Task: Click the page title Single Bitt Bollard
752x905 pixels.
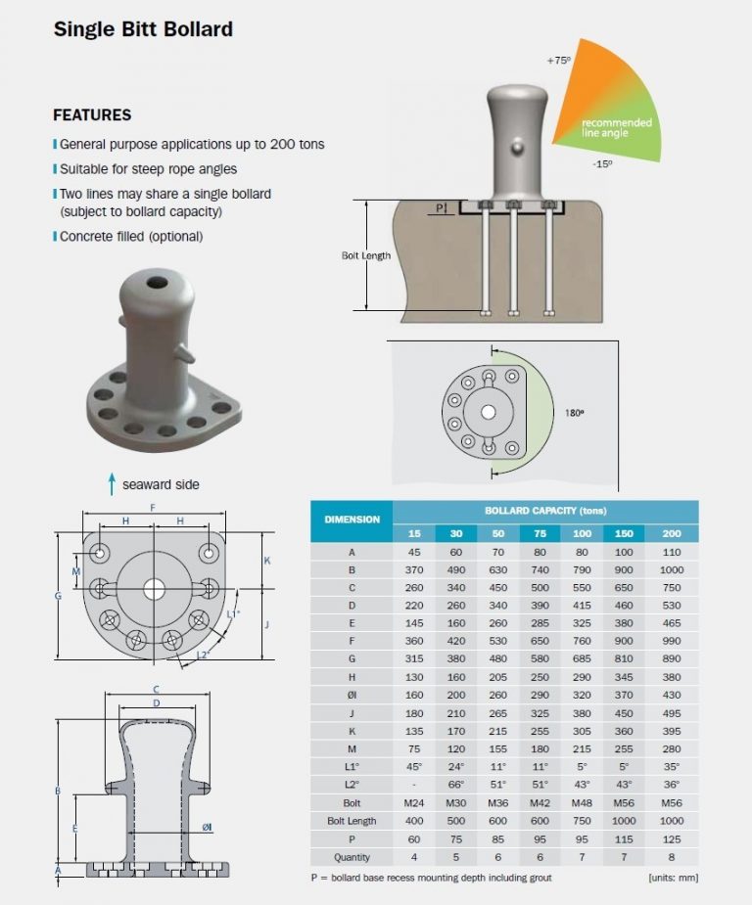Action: [x=143, y=29]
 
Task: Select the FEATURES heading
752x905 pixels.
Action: [x=92, y=114]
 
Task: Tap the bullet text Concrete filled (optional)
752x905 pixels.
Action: [x=131, y=236]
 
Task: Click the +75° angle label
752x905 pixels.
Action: [x=560, y=61]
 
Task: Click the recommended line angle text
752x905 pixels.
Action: [x=616, y=127]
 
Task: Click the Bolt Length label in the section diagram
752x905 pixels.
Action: [x=365, y=255]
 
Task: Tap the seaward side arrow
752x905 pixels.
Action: [x=113, y=483]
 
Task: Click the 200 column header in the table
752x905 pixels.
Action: [x=672, y=533]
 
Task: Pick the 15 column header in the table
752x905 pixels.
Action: [x=413, y=533]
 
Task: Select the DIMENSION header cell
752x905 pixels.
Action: [x=352, y=520]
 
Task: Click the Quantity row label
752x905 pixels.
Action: [x=352, y=856]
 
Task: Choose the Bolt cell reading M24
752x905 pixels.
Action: [x=413, y=801]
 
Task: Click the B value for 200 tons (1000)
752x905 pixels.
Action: [x=672, y=569]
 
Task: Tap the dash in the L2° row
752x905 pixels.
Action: [x=413, y=784]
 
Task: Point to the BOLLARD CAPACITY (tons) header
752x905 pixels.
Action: [x=545, y=511]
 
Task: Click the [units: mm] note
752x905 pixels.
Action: [x=673, y=878]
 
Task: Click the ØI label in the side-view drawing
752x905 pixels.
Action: [x=208, y=828]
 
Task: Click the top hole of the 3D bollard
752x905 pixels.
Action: [x=156, y=283]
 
